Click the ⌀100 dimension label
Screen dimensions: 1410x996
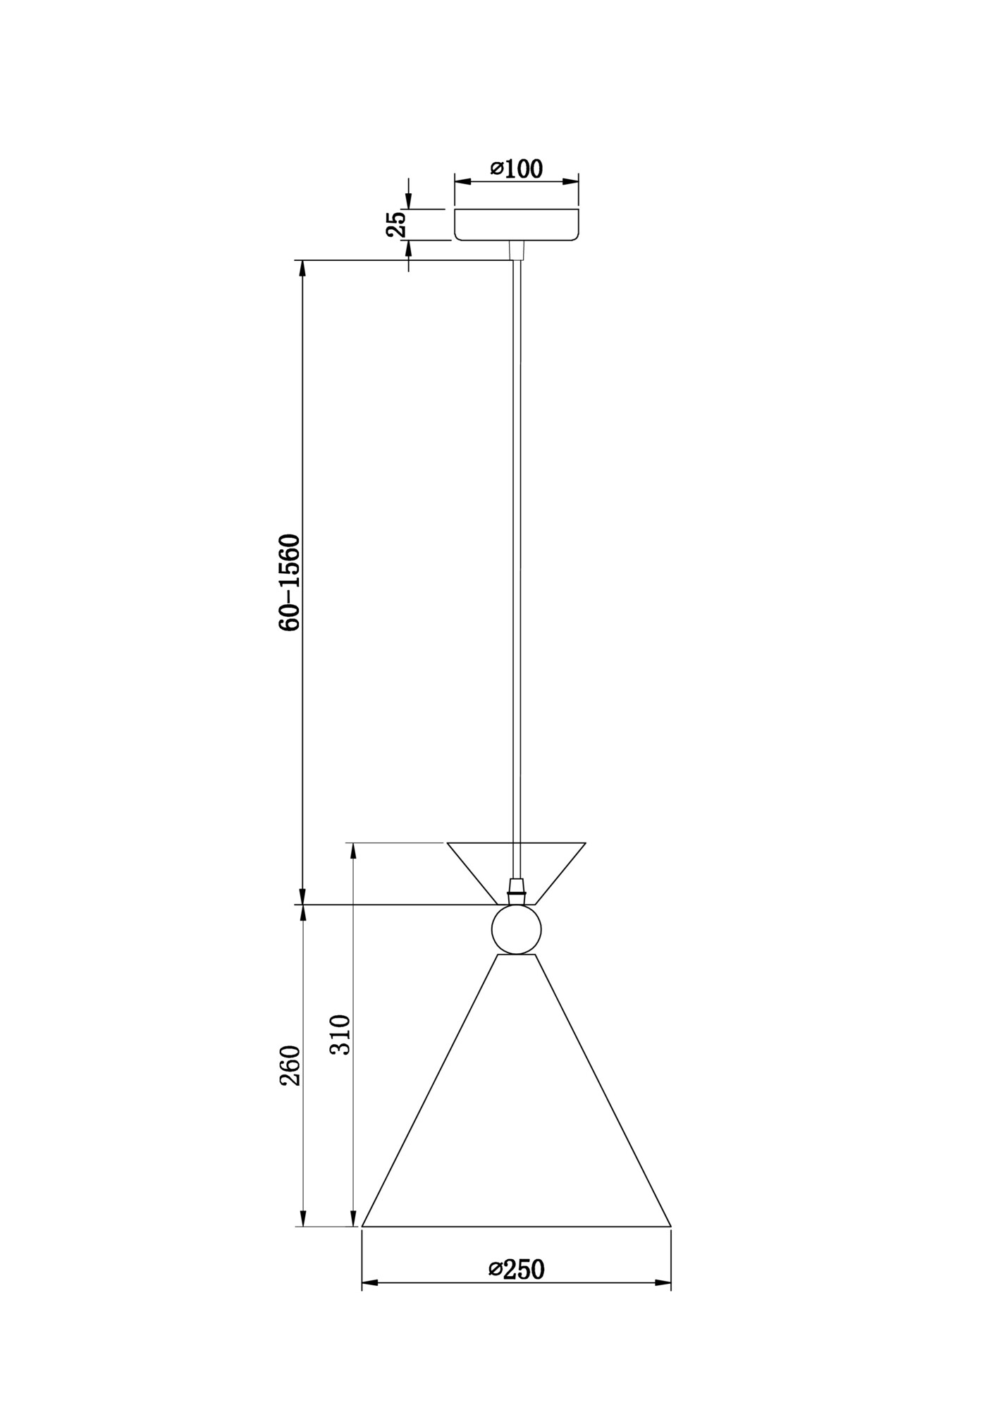click(x=517, y=169)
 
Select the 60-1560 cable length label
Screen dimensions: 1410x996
click(x=290, y=582)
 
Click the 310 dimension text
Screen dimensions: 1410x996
click(x=340, y=1034)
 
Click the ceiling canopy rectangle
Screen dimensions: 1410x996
click(x=517, y=224)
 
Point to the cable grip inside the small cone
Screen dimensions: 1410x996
click(x=517, y=890)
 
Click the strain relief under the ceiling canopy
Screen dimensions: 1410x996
click(x=517, y=250)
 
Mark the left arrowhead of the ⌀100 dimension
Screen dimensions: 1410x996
click(x=462, y=181)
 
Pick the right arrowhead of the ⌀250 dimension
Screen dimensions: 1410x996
click(x=663, y=1282)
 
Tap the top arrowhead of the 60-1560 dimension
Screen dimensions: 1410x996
click(x=302, y=269)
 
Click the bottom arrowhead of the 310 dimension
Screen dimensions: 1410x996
click(x=353, y=1218)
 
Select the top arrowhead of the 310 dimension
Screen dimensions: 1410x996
click(x=353, y=851)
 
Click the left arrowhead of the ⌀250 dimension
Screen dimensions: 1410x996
click(x=370, y=1282)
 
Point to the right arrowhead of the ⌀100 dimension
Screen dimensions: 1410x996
click(x=570, y=181)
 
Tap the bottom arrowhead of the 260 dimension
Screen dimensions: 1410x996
click(x=302, y=1218)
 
